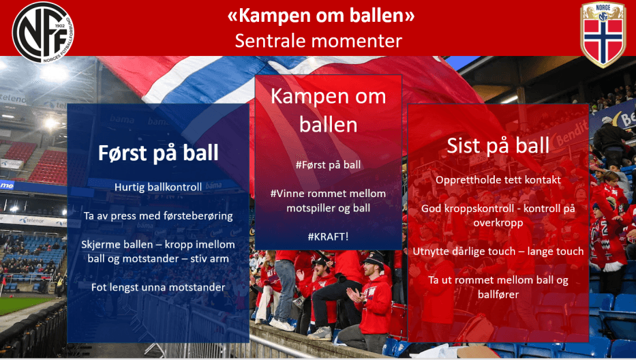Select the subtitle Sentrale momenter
(x=318, y=41)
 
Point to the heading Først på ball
(x=158, y=152)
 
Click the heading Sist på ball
(x=498, y=145)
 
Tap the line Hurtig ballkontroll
(x=157, y=186)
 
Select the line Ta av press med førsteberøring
(x=157, y=215)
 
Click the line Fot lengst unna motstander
(x=157, y=287)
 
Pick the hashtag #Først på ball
(x=328, y=165)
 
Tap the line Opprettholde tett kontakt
(x=498, y=180)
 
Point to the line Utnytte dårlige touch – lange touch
(x=498, y=251)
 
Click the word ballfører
(x=498, y=294)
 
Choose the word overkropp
(x=498, y=222)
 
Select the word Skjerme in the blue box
(x=100, y=244)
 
